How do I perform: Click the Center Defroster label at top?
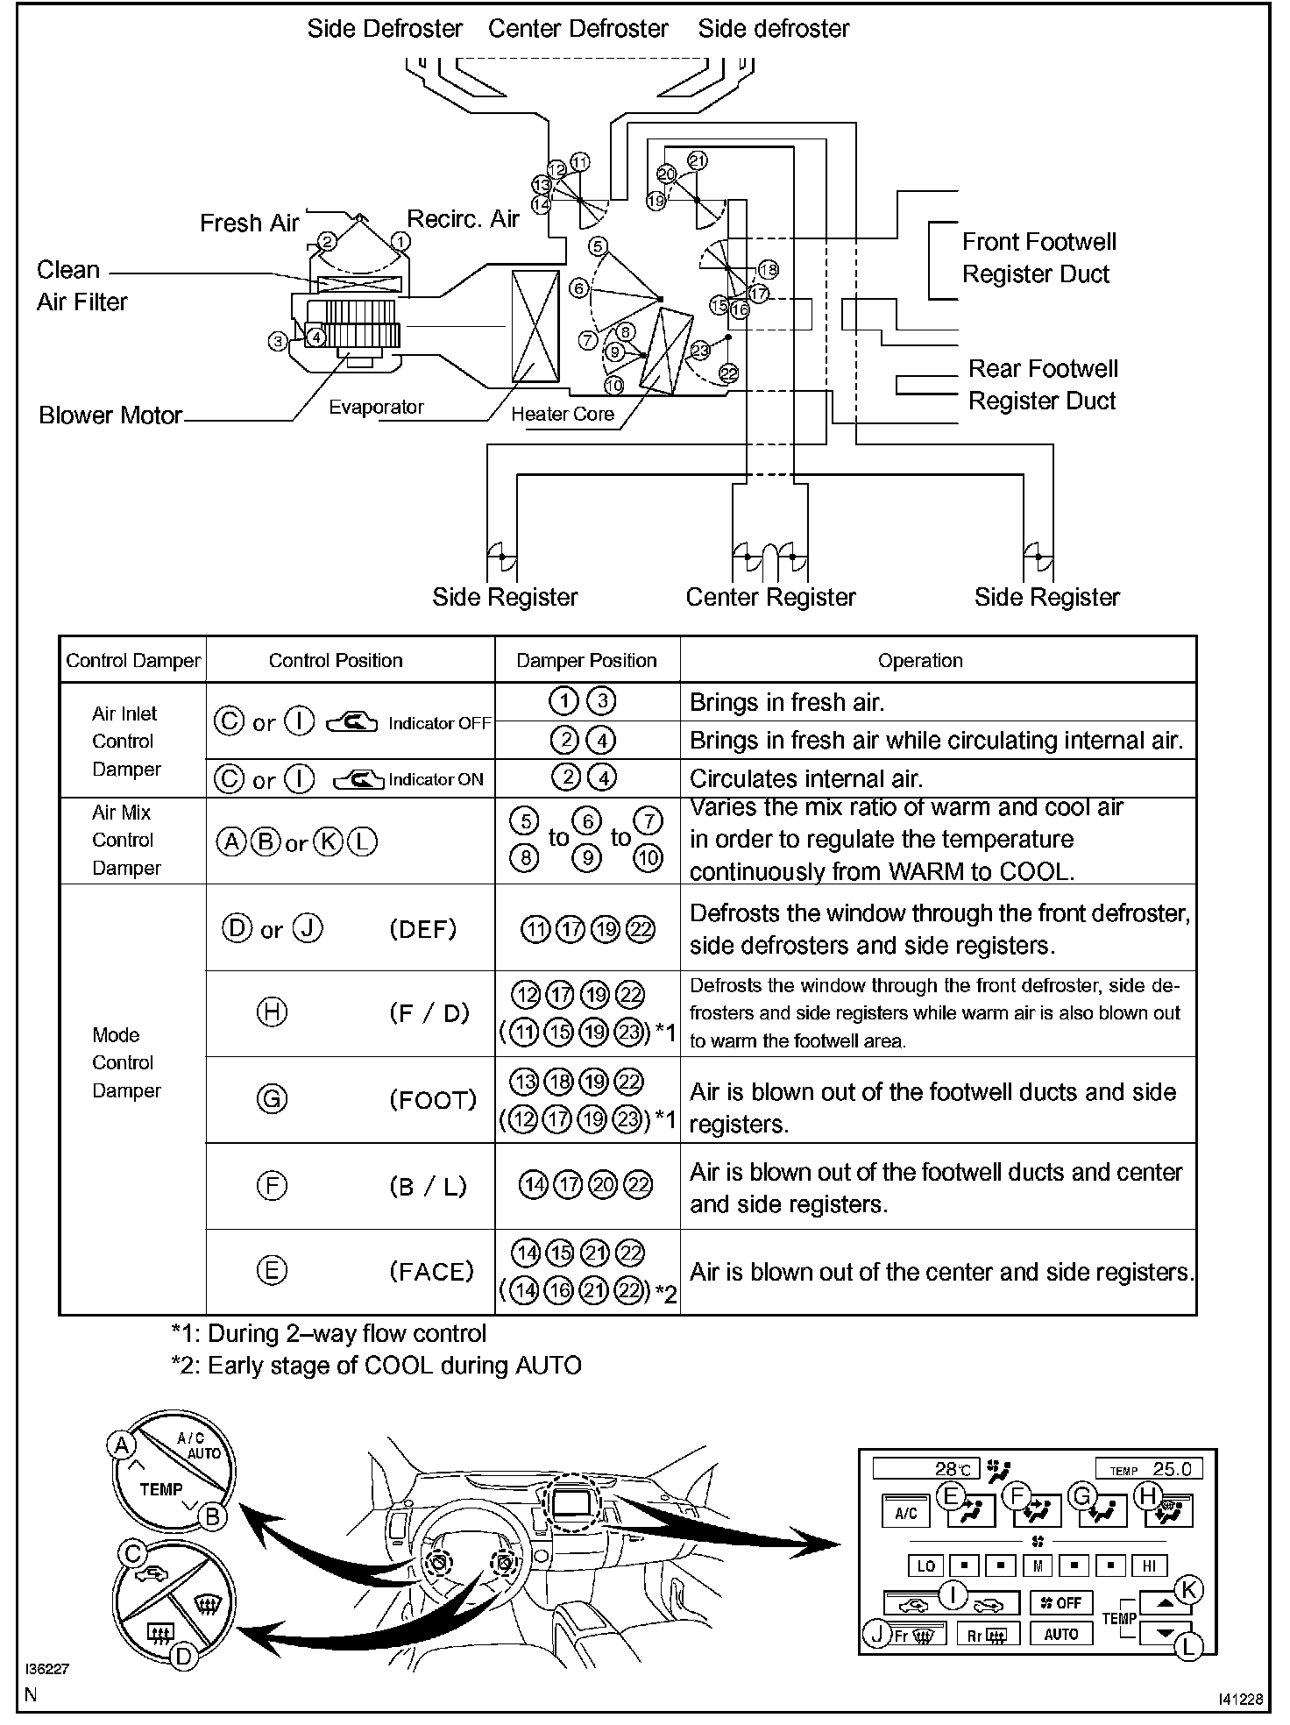click(578, 29)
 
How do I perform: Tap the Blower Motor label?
click(110, 415)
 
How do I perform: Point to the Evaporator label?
click(376, 408)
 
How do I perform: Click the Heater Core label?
click(563, 414)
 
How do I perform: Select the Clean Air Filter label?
click(82, 286)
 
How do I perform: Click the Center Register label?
click(770, 598)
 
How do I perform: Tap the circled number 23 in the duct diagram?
click(700, 351)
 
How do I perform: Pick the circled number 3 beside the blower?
click(278, 341)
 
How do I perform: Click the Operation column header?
click(920, 661)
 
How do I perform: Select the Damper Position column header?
click(586, 661)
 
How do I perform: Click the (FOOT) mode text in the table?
click(433, 1099)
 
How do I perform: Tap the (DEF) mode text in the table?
click(423, 929)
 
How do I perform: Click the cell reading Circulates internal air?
click(806, 778)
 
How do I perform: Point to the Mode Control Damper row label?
click(126, 1062)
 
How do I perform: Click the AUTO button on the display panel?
click(1061, 1635)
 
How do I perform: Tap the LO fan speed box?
click(926, 1566)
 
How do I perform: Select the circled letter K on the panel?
click(1188, 1589)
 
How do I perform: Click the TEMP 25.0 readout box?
click(1149, 1469)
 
